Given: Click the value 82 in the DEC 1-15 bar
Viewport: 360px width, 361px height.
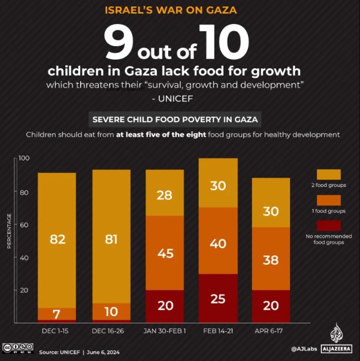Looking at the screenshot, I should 58,239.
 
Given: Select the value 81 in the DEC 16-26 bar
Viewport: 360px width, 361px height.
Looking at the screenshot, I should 111,239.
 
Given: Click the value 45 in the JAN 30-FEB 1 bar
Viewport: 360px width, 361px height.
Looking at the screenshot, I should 164,253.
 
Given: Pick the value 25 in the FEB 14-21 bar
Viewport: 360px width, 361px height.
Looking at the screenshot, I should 217,298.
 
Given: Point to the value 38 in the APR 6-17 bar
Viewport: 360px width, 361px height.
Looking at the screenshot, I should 271,260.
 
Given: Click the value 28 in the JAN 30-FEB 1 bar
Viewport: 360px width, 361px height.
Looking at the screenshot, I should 164,195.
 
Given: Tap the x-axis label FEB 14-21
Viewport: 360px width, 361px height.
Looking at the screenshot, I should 217,330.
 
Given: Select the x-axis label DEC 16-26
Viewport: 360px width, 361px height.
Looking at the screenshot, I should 111,330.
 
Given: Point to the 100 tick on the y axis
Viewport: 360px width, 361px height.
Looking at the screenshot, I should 23,159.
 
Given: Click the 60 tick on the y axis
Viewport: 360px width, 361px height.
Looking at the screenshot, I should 25,225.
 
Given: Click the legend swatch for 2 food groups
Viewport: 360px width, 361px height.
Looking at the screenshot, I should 329,174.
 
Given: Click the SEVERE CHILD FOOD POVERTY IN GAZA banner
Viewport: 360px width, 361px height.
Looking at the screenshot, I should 176,119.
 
